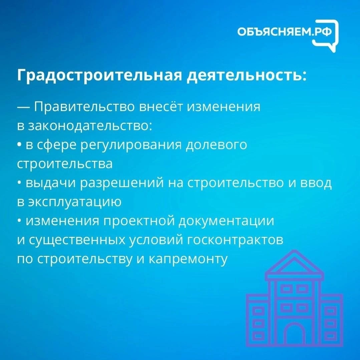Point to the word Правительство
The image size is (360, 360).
[85, 107]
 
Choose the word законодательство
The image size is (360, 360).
[90, 126]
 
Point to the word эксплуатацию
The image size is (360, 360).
[75, 202]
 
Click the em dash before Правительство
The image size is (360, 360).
[23, 107]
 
